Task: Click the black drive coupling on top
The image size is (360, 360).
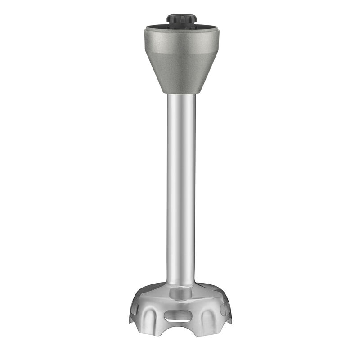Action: [182, 20]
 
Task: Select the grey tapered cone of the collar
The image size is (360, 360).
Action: [182, 74]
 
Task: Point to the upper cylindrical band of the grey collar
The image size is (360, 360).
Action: [182, 43]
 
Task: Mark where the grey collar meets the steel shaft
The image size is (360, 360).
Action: [182, 94]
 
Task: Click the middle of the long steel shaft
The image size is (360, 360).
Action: [182, 189]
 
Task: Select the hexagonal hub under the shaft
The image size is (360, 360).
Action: [182, 295]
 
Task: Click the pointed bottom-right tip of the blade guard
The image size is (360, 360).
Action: [232, 325]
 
